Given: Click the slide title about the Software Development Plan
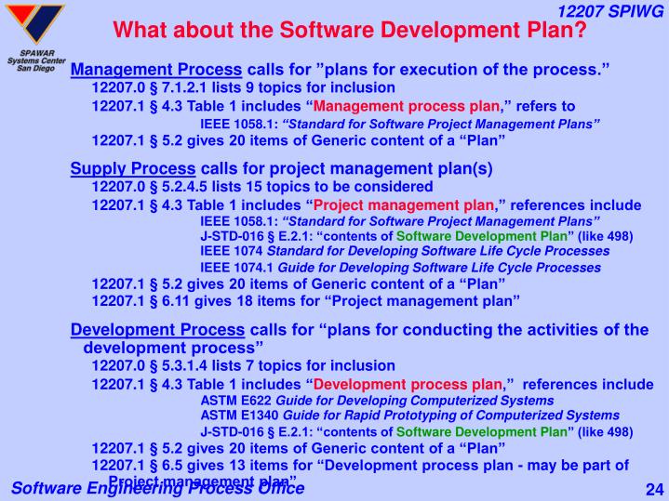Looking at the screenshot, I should [349, 30].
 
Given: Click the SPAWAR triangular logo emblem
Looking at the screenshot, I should [33, 22].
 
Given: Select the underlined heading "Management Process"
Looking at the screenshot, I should [156, 71].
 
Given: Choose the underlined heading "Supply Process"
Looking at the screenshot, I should [133, 169].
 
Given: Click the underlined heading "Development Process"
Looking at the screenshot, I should [157, 329].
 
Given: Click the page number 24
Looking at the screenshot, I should [651, 489].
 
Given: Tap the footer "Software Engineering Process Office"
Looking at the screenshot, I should [156, 489].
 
